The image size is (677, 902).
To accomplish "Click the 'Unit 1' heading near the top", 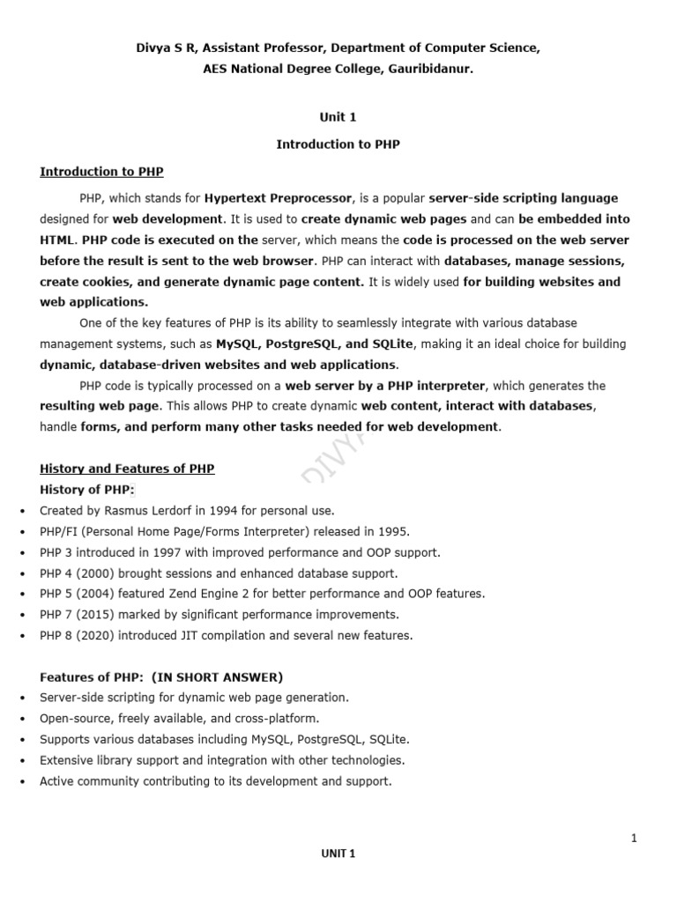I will (x=338, y=116).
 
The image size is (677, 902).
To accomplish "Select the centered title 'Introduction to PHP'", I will (x=338, y=144).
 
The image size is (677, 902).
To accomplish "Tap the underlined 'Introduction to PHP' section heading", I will (x=101, y=172).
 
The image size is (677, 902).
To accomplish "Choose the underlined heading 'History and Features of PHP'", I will (x=127, y=469).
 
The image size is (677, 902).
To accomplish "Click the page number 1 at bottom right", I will (x=634, y=839).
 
